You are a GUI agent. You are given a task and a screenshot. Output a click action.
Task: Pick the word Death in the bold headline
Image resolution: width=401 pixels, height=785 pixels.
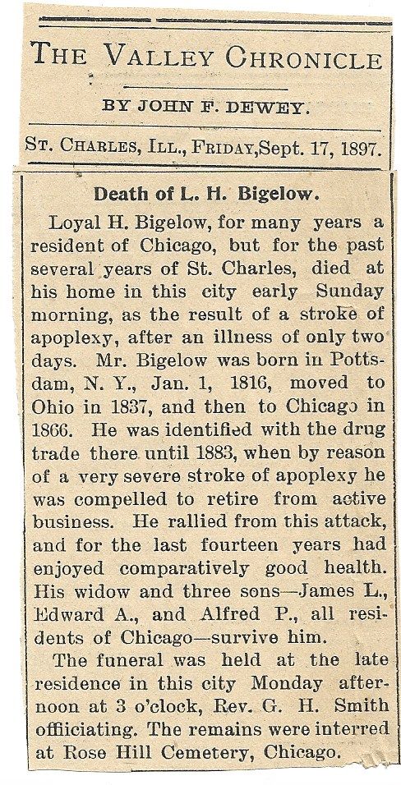[120, 194]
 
